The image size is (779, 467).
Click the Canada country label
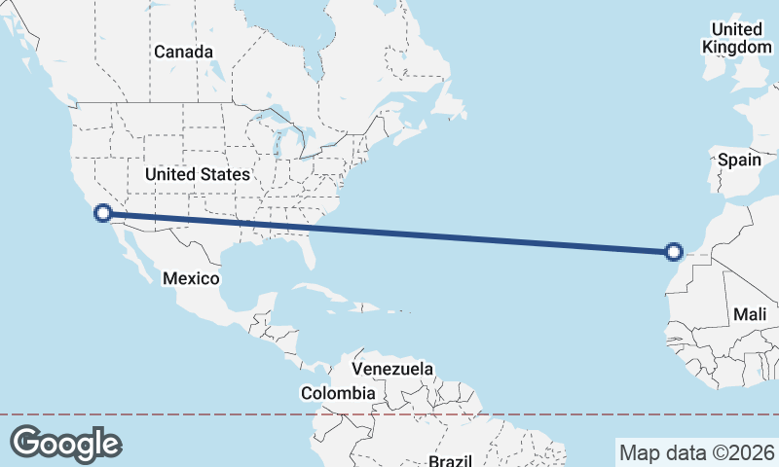click(x=183, y=51)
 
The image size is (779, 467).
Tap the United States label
click(x=197, y=174)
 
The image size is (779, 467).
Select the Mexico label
click(x=190, y=278)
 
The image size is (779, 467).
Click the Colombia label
click(x=337, y=393)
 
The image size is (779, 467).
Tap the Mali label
click(x=750, y=314)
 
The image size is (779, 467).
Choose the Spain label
click(x=739, y=160)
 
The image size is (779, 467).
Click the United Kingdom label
click(x=737, y=38)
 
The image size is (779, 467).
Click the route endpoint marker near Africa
click(x=674, y=252)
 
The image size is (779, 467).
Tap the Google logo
click(x=65, y=443)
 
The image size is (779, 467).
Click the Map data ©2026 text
click(x=697, y=452)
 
